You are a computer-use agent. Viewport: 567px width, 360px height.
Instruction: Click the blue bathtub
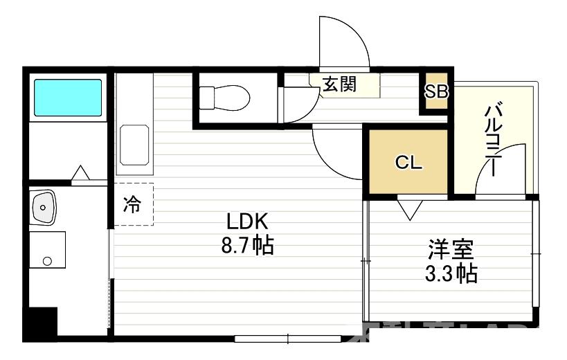pos(67,98)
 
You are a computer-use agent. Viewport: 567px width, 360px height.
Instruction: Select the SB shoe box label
pos(435,91)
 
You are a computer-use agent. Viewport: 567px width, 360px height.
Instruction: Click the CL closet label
pos(408,163)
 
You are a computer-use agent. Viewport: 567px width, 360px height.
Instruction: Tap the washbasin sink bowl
pos(46,207)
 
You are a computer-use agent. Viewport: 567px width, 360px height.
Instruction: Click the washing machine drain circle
pos(47,261)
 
